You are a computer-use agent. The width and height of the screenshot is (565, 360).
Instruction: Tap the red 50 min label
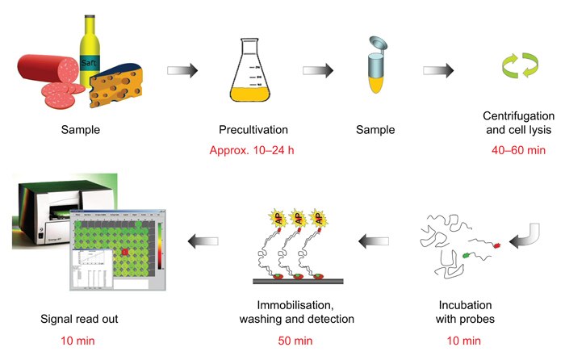(296, 340)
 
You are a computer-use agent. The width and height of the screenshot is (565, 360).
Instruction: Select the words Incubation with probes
(469, 312)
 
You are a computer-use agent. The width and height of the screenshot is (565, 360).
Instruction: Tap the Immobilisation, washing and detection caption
(296, 312)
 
